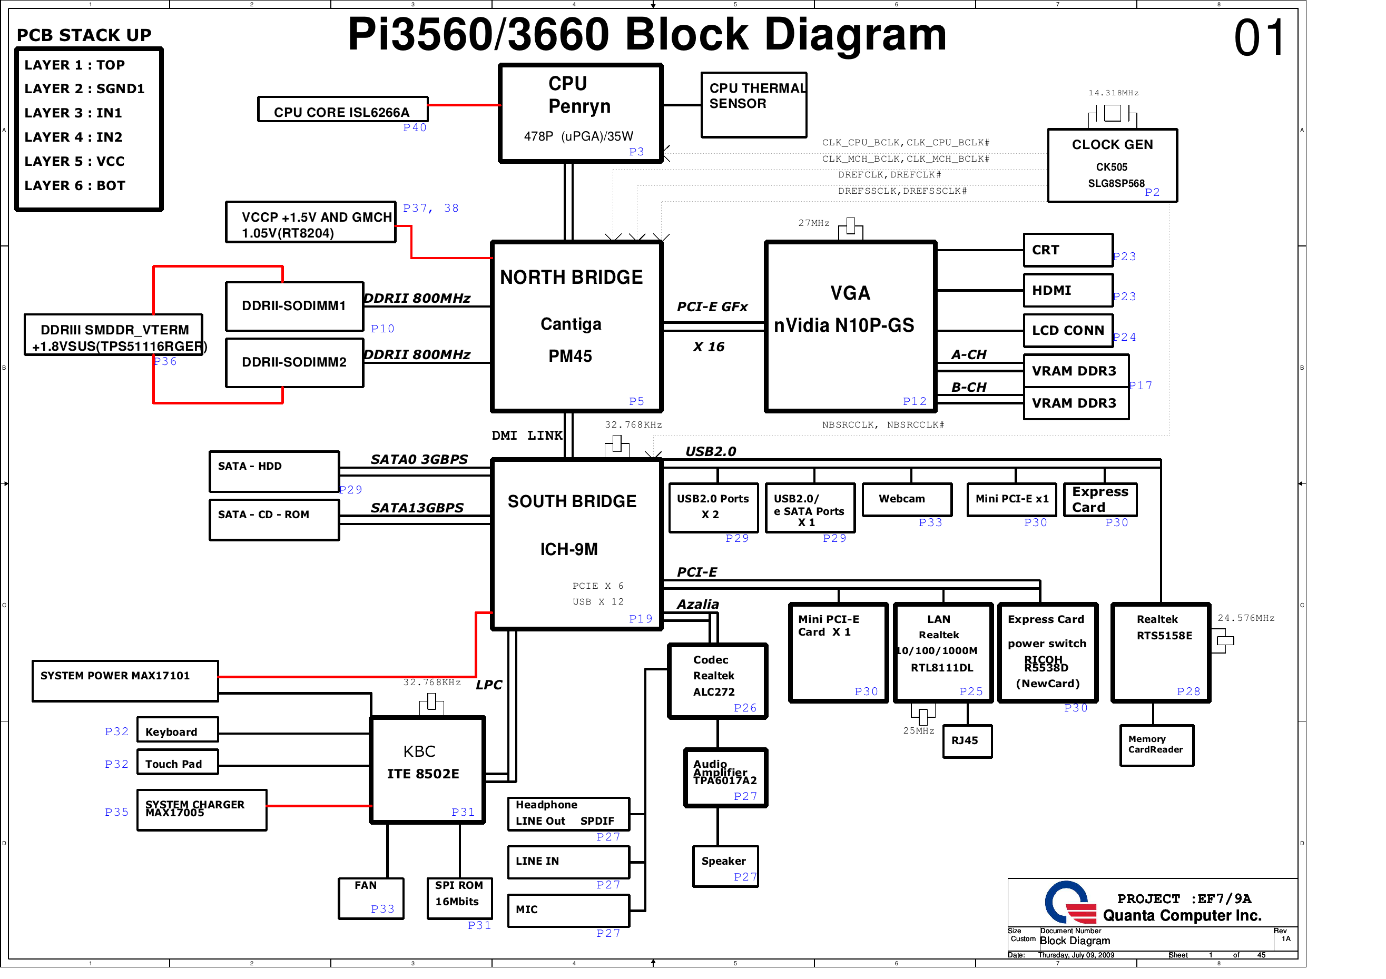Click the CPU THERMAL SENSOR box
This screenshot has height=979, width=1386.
tap(753, 105)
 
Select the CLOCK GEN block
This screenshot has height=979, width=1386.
tap(1112, 165)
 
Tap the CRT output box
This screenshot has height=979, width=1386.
tap(1068, 250)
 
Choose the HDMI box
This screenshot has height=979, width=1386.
tap(1068, 290)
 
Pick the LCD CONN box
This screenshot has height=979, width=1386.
tap(1068, 330)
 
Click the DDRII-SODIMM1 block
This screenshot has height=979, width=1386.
tap(294, 306)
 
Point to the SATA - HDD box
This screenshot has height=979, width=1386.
tap(273, 471)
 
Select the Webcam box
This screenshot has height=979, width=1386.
tap(907, 499)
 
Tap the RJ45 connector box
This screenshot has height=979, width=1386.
tap(967, 740)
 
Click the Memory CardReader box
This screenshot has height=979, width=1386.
tap(1156, 745)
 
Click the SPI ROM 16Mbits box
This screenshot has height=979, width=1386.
tap(459, 897)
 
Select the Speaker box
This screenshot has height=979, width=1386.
tap(725, 866)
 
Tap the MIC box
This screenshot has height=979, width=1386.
tap(568, 910)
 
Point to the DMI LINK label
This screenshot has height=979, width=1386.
tap(526, 435)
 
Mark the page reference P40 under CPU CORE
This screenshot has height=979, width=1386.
tap(415, 127)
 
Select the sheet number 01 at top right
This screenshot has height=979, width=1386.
tap(1259, 37)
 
